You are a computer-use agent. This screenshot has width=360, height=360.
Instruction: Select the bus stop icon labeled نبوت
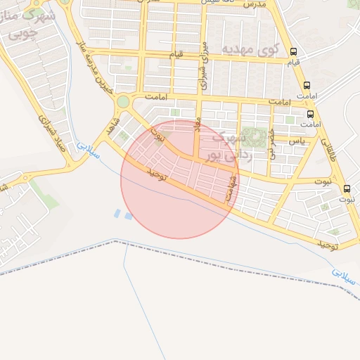[x=347, y=188]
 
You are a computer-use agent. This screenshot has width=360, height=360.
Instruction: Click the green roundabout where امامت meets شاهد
[x=123, y=102]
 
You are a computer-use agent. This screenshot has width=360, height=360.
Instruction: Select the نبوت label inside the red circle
[x=161, y=136]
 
